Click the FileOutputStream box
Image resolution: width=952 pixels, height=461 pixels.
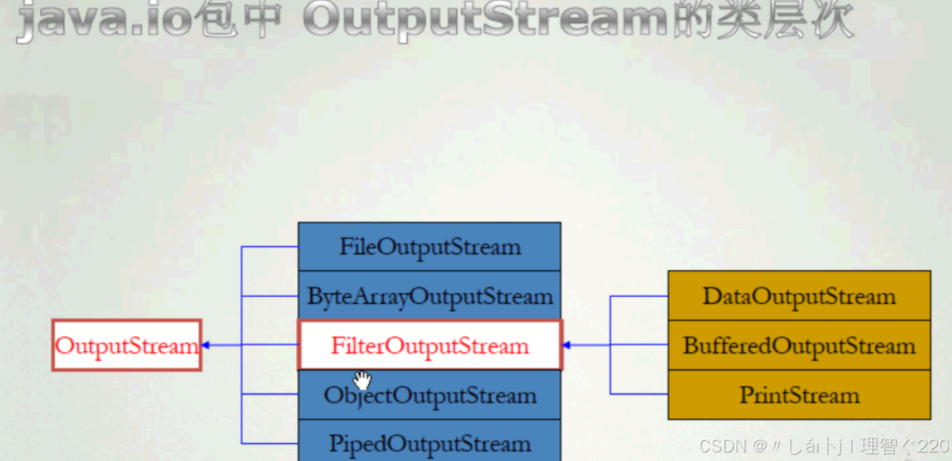point(429,247)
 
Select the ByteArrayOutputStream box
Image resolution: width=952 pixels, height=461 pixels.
point(429,295)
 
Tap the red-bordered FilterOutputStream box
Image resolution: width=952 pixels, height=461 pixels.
point(429,345)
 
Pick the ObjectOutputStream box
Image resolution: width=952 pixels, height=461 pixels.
point(429,395)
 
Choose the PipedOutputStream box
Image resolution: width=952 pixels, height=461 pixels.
point(429,442)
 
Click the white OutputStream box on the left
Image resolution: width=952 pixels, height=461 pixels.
point(127,345)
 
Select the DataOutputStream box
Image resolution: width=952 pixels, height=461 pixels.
point(799,295)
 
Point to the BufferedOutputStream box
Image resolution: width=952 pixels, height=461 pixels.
point(799,345)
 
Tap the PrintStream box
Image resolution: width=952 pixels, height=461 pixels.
point(799,395)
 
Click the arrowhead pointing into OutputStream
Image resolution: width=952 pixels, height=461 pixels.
point(206,345)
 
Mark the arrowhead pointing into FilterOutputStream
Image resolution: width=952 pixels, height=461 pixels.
point(567,345)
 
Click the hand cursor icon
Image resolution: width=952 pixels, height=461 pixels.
point(361,380)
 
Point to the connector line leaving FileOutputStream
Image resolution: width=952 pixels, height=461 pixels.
point(270,247)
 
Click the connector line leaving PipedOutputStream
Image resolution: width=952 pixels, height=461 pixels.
point(270,443)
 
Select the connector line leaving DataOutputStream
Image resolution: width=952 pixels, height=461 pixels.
point(639,295)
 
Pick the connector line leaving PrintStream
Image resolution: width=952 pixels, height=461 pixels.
point(639,394)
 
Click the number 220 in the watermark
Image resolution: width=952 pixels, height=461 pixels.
point(935,446)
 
